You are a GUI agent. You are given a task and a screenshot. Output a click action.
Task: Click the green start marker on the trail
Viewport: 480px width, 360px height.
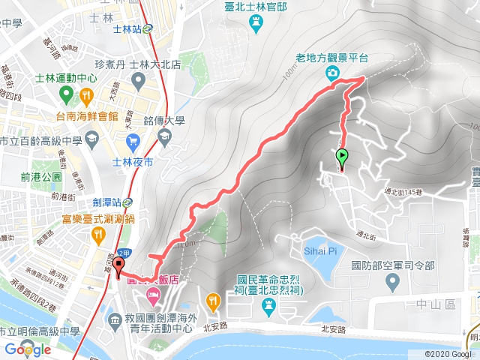342,157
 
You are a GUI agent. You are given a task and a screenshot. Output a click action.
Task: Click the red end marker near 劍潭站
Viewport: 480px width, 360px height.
117,271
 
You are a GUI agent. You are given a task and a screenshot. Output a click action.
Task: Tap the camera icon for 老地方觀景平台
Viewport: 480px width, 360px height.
331,72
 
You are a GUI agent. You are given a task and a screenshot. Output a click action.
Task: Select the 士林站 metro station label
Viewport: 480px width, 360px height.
127,30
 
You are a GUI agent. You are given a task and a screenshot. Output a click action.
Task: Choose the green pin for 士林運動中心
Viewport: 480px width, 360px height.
65,94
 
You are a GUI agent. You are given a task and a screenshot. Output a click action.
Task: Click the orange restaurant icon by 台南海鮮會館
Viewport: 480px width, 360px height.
87,95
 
